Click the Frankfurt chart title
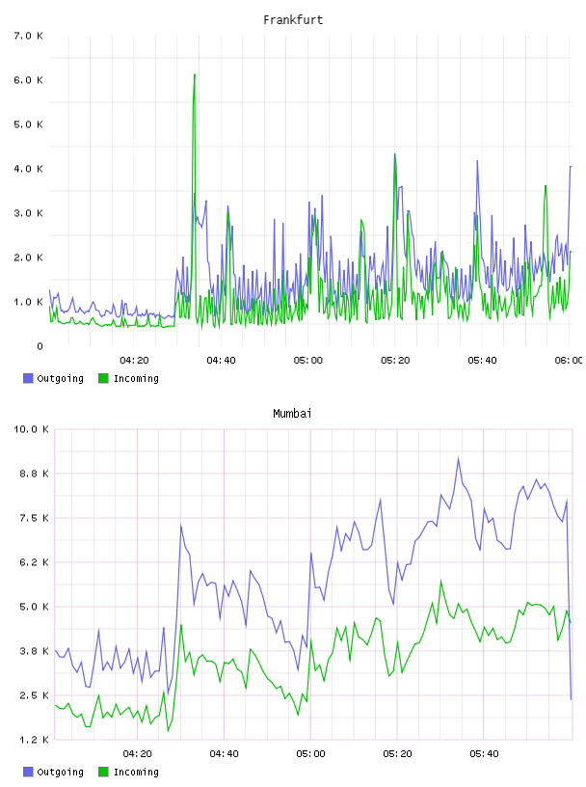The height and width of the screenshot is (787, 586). click(x=293, y=20)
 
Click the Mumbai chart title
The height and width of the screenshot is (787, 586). click(x=292, y=414)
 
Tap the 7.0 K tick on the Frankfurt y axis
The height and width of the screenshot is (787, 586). click(x=28, y=36)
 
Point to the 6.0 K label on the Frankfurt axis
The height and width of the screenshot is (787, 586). click(x=28, y=80)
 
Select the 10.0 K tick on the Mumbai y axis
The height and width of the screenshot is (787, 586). click(x=31, y=429)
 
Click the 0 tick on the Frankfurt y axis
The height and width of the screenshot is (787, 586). click(x=40, y=346)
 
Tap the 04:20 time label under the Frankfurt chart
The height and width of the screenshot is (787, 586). click(x=134, y=361)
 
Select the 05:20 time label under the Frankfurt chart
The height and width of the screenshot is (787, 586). click(x=395, y=361)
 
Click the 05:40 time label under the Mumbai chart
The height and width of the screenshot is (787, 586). click(x=484, y=754)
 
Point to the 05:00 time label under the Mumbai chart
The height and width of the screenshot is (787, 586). click(x=310, y=754)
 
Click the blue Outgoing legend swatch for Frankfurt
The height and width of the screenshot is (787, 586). click(x=28, y=378)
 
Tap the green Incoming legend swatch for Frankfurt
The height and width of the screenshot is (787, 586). click(x=103, y=378)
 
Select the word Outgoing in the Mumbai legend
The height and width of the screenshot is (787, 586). click(x=60, y=772)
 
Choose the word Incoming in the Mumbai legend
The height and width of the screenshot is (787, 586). click(x=136, y=772)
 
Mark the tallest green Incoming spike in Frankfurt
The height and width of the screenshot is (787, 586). click(x=194, y=75)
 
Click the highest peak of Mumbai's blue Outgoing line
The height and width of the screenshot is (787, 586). click(x=458, y=457)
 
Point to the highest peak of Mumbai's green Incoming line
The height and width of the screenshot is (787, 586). click(x=441, y=581)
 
